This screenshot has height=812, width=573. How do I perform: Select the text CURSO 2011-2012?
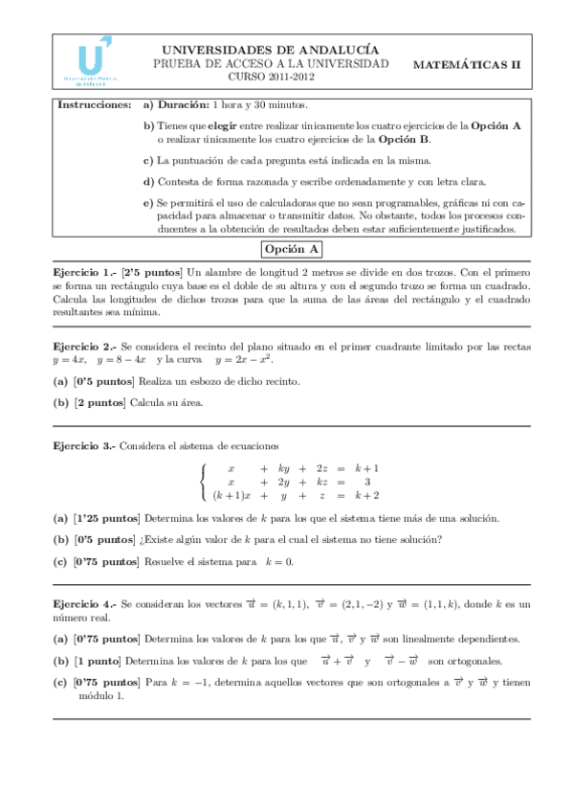tap(271, 77)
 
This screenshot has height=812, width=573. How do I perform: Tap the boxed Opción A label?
tap(293, 250)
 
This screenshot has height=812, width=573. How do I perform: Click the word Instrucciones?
tap(95, 103)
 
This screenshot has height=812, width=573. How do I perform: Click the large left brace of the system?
tap(203, 482)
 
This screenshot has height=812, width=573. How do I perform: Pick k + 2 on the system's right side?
tap(366, 495)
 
